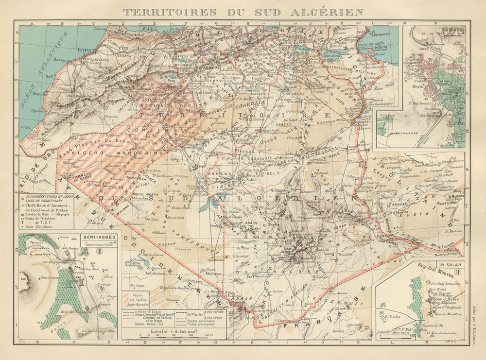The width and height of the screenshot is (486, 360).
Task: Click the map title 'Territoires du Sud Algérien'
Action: pos(243,11)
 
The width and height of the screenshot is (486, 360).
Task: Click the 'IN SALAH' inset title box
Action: pos(451,265)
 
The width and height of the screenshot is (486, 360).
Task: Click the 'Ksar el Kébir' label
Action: pos(438,299)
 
